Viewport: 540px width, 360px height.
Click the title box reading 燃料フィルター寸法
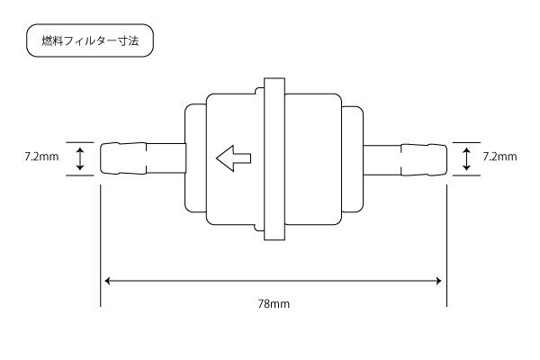[x=90, y=40]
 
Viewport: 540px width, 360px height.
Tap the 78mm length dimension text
[x=274, y=304]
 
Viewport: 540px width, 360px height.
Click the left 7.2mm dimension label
[x=41, y=157]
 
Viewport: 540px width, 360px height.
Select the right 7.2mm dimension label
[x=499, y=157]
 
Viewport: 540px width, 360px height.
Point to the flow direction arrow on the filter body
[x=233, y=158]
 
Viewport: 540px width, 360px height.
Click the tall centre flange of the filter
[x=274, y=158]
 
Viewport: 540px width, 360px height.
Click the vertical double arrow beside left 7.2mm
[x=80, y=158]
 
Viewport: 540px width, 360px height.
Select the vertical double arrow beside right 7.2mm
[x=466, y=158]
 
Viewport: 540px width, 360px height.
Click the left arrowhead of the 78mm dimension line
[x=107, y=281]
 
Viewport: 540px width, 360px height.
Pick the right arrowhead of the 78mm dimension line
[x=439, y=281]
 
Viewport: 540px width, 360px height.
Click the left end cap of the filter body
[x=195, y=158]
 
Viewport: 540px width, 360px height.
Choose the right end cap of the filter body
[x=352, y=158]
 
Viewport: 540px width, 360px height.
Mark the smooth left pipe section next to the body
[x=166, y=158]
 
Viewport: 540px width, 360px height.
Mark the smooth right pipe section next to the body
[x=382, y=160]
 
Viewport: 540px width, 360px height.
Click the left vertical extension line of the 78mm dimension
[x=101, y=246]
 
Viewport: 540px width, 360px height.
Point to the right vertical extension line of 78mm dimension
[x=447, y=246]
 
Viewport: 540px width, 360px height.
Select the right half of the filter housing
[x=313, y=159]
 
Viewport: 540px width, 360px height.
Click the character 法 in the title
[x=133, y=40]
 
